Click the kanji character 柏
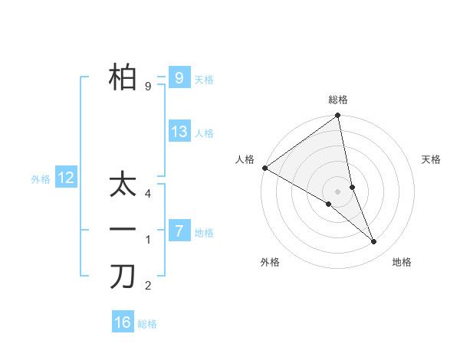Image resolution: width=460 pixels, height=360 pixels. pos(123,77)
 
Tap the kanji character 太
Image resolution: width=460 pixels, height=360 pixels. pos(123,185)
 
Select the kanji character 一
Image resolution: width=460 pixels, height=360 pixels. pos(123,230)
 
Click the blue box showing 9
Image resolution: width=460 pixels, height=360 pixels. pos(179,77)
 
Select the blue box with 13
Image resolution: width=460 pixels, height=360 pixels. pos(179,131)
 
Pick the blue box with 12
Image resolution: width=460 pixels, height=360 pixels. pos(66,178)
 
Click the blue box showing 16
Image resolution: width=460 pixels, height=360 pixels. pos(123,322)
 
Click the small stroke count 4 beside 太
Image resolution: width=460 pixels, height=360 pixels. pos(148,194)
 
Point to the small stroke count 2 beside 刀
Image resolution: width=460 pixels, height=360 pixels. pos(148,286)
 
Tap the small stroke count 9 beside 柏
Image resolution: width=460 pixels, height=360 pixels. pos(148,87)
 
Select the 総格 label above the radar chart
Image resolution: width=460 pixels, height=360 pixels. pos(338,100)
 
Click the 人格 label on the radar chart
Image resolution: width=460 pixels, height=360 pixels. pos(245,159)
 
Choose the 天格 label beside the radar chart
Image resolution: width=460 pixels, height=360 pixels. pos(432,159)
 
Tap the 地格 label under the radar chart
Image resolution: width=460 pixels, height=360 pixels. pos(402,262)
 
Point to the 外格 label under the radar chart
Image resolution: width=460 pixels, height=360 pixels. pos(270,262)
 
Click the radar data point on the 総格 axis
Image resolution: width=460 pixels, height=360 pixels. pos(337,116)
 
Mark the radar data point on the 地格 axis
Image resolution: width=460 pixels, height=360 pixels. pos(374,242)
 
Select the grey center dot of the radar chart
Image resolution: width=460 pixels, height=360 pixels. pos(337,191)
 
